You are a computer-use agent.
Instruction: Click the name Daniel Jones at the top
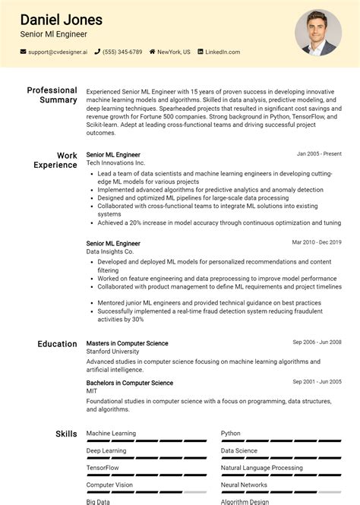[61, 20]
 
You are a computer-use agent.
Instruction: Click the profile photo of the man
[317, 32]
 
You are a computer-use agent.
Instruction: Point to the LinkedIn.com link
[223, 52]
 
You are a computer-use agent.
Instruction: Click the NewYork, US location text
[174, 52]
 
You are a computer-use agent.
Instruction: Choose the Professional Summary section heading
[52, 95]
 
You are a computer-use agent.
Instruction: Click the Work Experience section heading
[55, 159]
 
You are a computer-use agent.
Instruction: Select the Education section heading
[57, 344]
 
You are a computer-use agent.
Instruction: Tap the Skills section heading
[66, 434]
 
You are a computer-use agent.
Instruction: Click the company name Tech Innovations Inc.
[115, 163]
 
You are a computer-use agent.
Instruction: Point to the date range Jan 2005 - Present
[319, 154]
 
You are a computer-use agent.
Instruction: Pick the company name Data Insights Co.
[110, 251]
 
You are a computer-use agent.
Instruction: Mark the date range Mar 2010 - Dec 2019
[317, 242]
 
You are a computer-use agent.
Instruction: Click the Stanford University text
[113, 352]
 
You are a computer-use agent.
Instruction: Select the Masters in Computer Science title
[127, 343]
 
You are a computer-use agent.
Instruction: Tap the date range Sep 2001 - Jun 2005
[317, 382]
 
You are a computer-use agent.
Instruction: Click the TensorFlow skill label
[103, 468]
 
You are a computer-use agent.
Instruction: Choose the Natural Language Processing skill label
[261, 468]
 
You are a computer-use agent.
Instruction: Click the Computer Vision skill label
[109, 484]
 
